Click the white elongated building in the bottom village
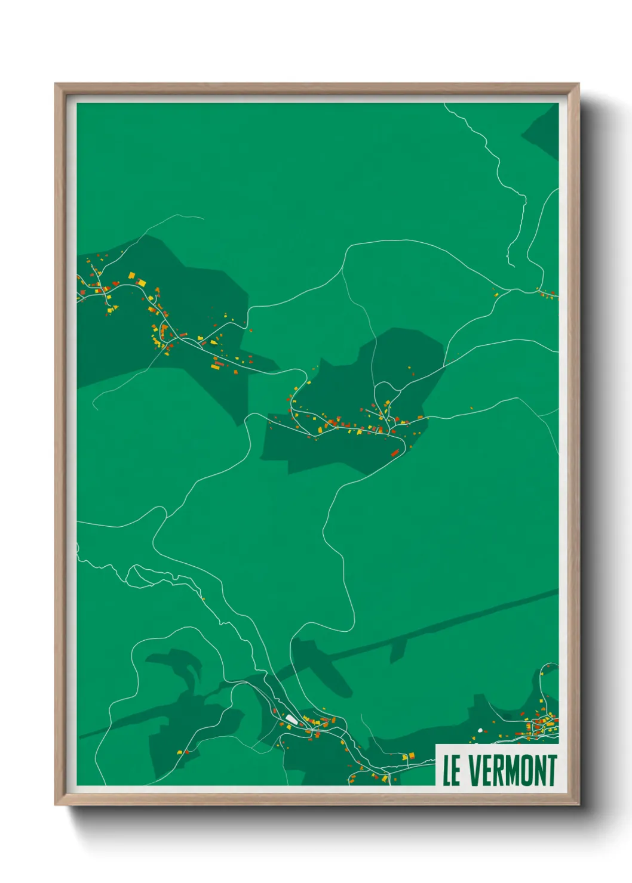(x=291, y=719)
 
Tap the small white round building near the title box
(x=480, y=730)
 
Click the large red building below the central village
(x=395, y=453)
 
